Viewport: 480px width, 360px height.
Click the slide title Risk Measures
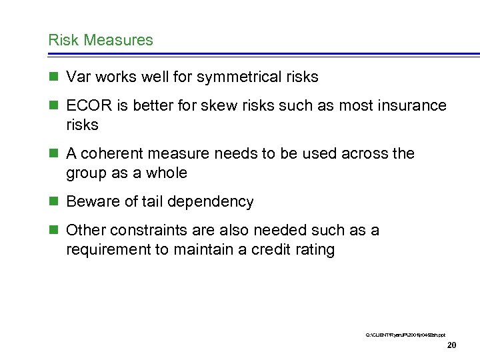[x=101, y=40]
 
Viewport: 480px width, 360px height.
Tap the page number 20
[x=451, y=345]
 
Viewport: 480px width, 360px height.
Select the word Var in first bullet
[x=79, y=77]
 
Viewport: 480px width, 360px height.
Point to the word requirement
[x=107, y=251]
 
